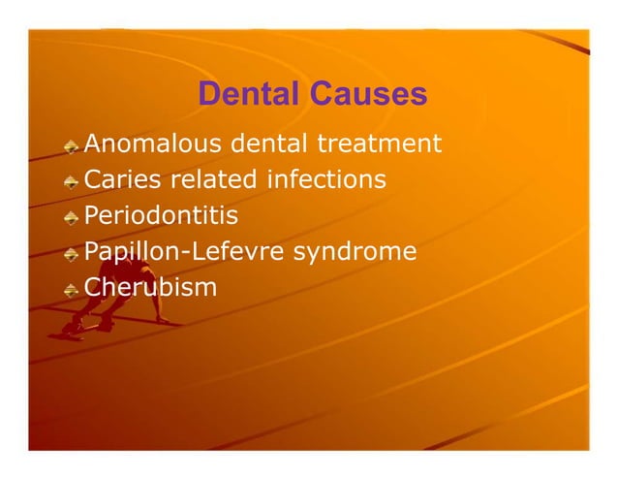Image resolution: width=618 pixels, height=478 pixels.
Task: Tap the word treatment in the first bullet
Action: coord(378,145)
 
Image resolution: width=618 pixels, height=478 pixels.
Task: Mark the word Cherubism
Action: coord(151,289)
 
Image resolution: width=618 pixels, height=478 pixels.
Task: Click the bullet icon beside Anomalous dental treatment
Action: coord(72,147)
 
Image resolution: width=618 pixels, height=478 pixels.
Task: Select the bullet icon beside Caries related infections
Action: coord(72,183)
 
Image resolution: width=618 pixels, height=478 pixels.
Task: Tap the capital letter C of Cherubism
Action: coord(94,289)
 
